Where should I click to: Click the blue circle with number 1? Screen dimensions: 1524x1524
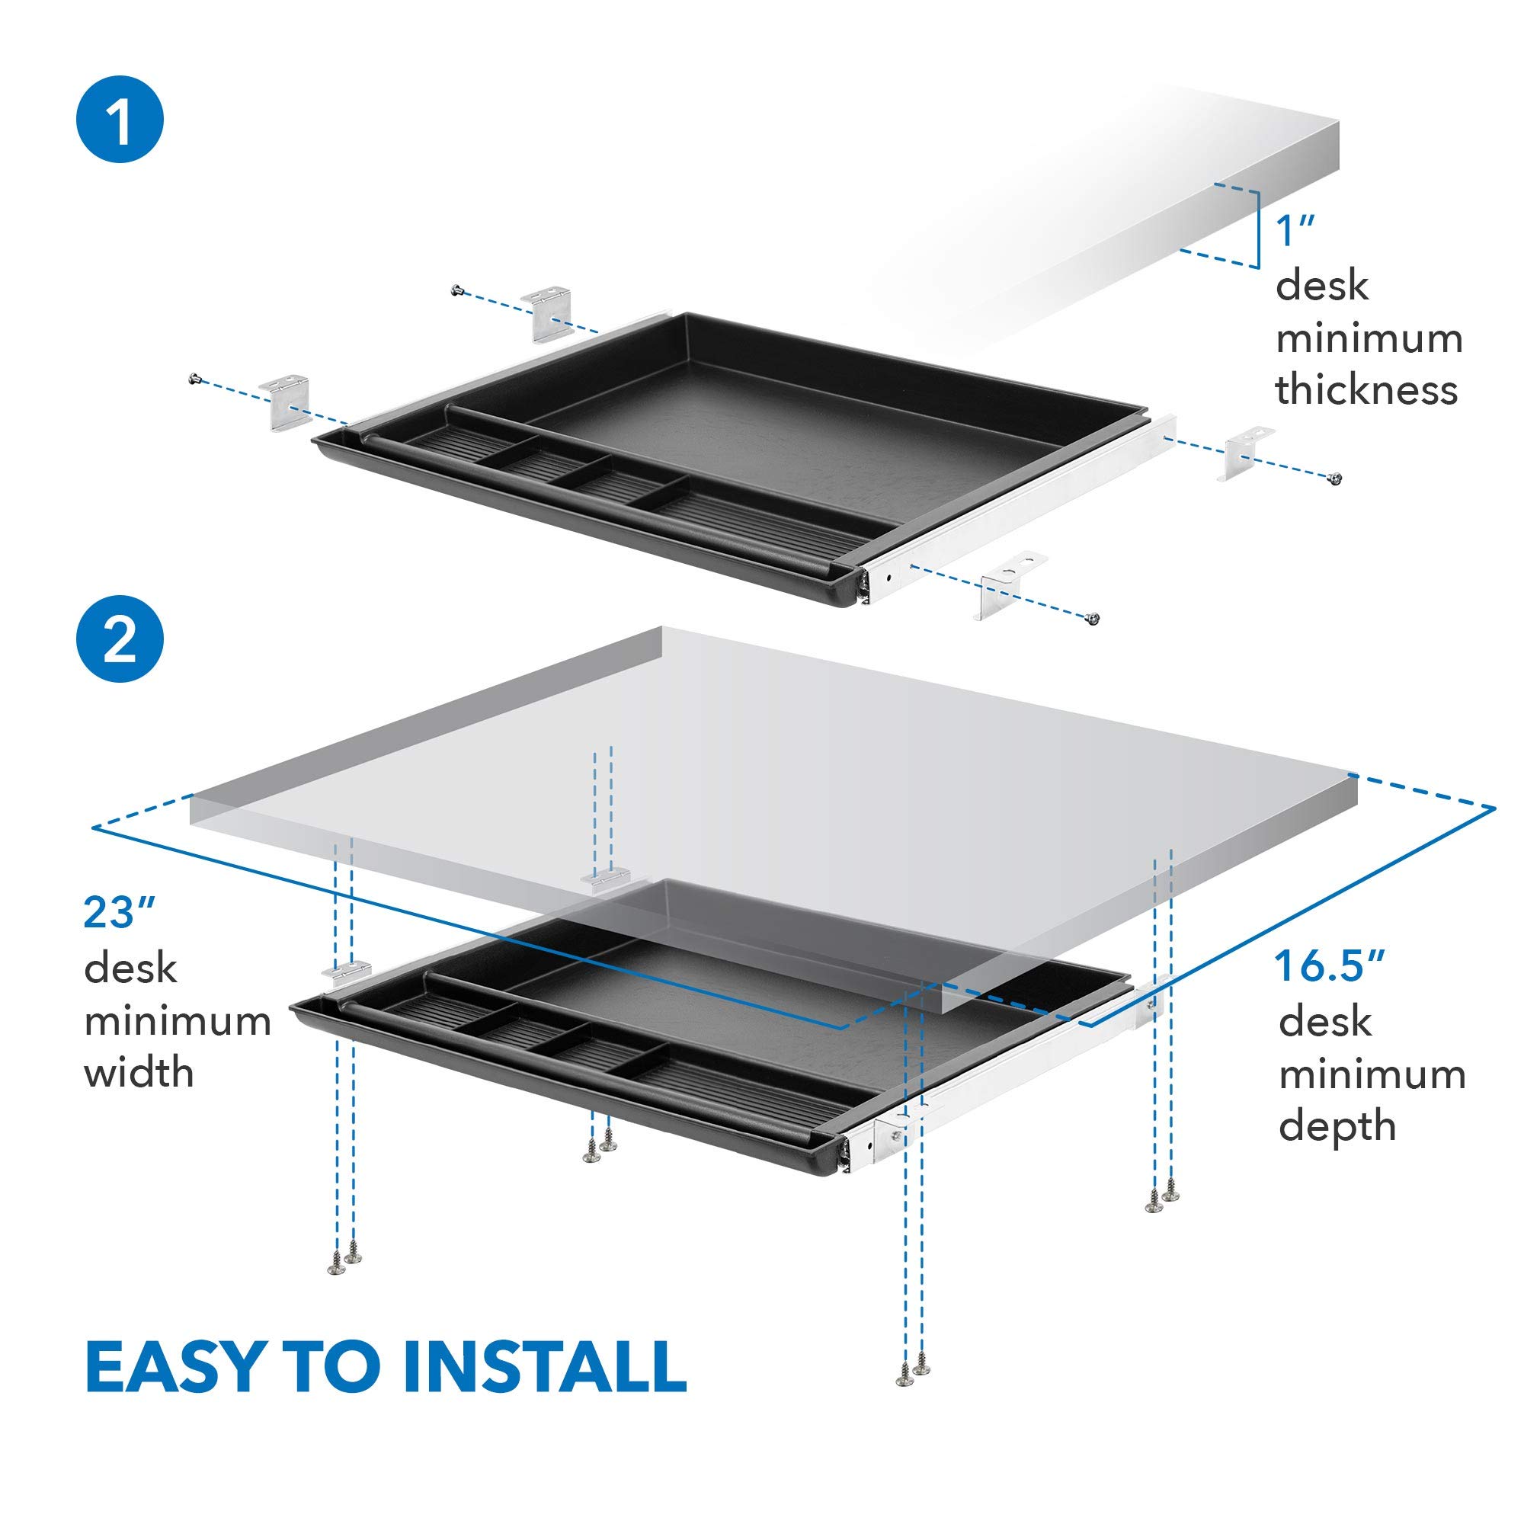120,119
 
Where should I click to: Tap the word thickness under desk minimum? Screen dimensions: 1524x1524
1366,389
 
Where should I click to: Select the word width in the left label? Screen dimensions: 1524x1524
139,1073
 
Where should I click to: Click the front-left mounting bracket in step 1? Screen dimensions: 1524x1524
286,402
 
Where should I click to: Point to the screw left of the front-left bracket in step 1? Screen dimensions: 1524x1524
194,380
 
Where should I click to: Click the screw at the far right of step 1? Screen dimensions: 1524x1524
1335,478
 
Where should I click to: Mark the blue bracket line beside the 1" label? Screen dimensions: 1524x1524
1257,229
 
